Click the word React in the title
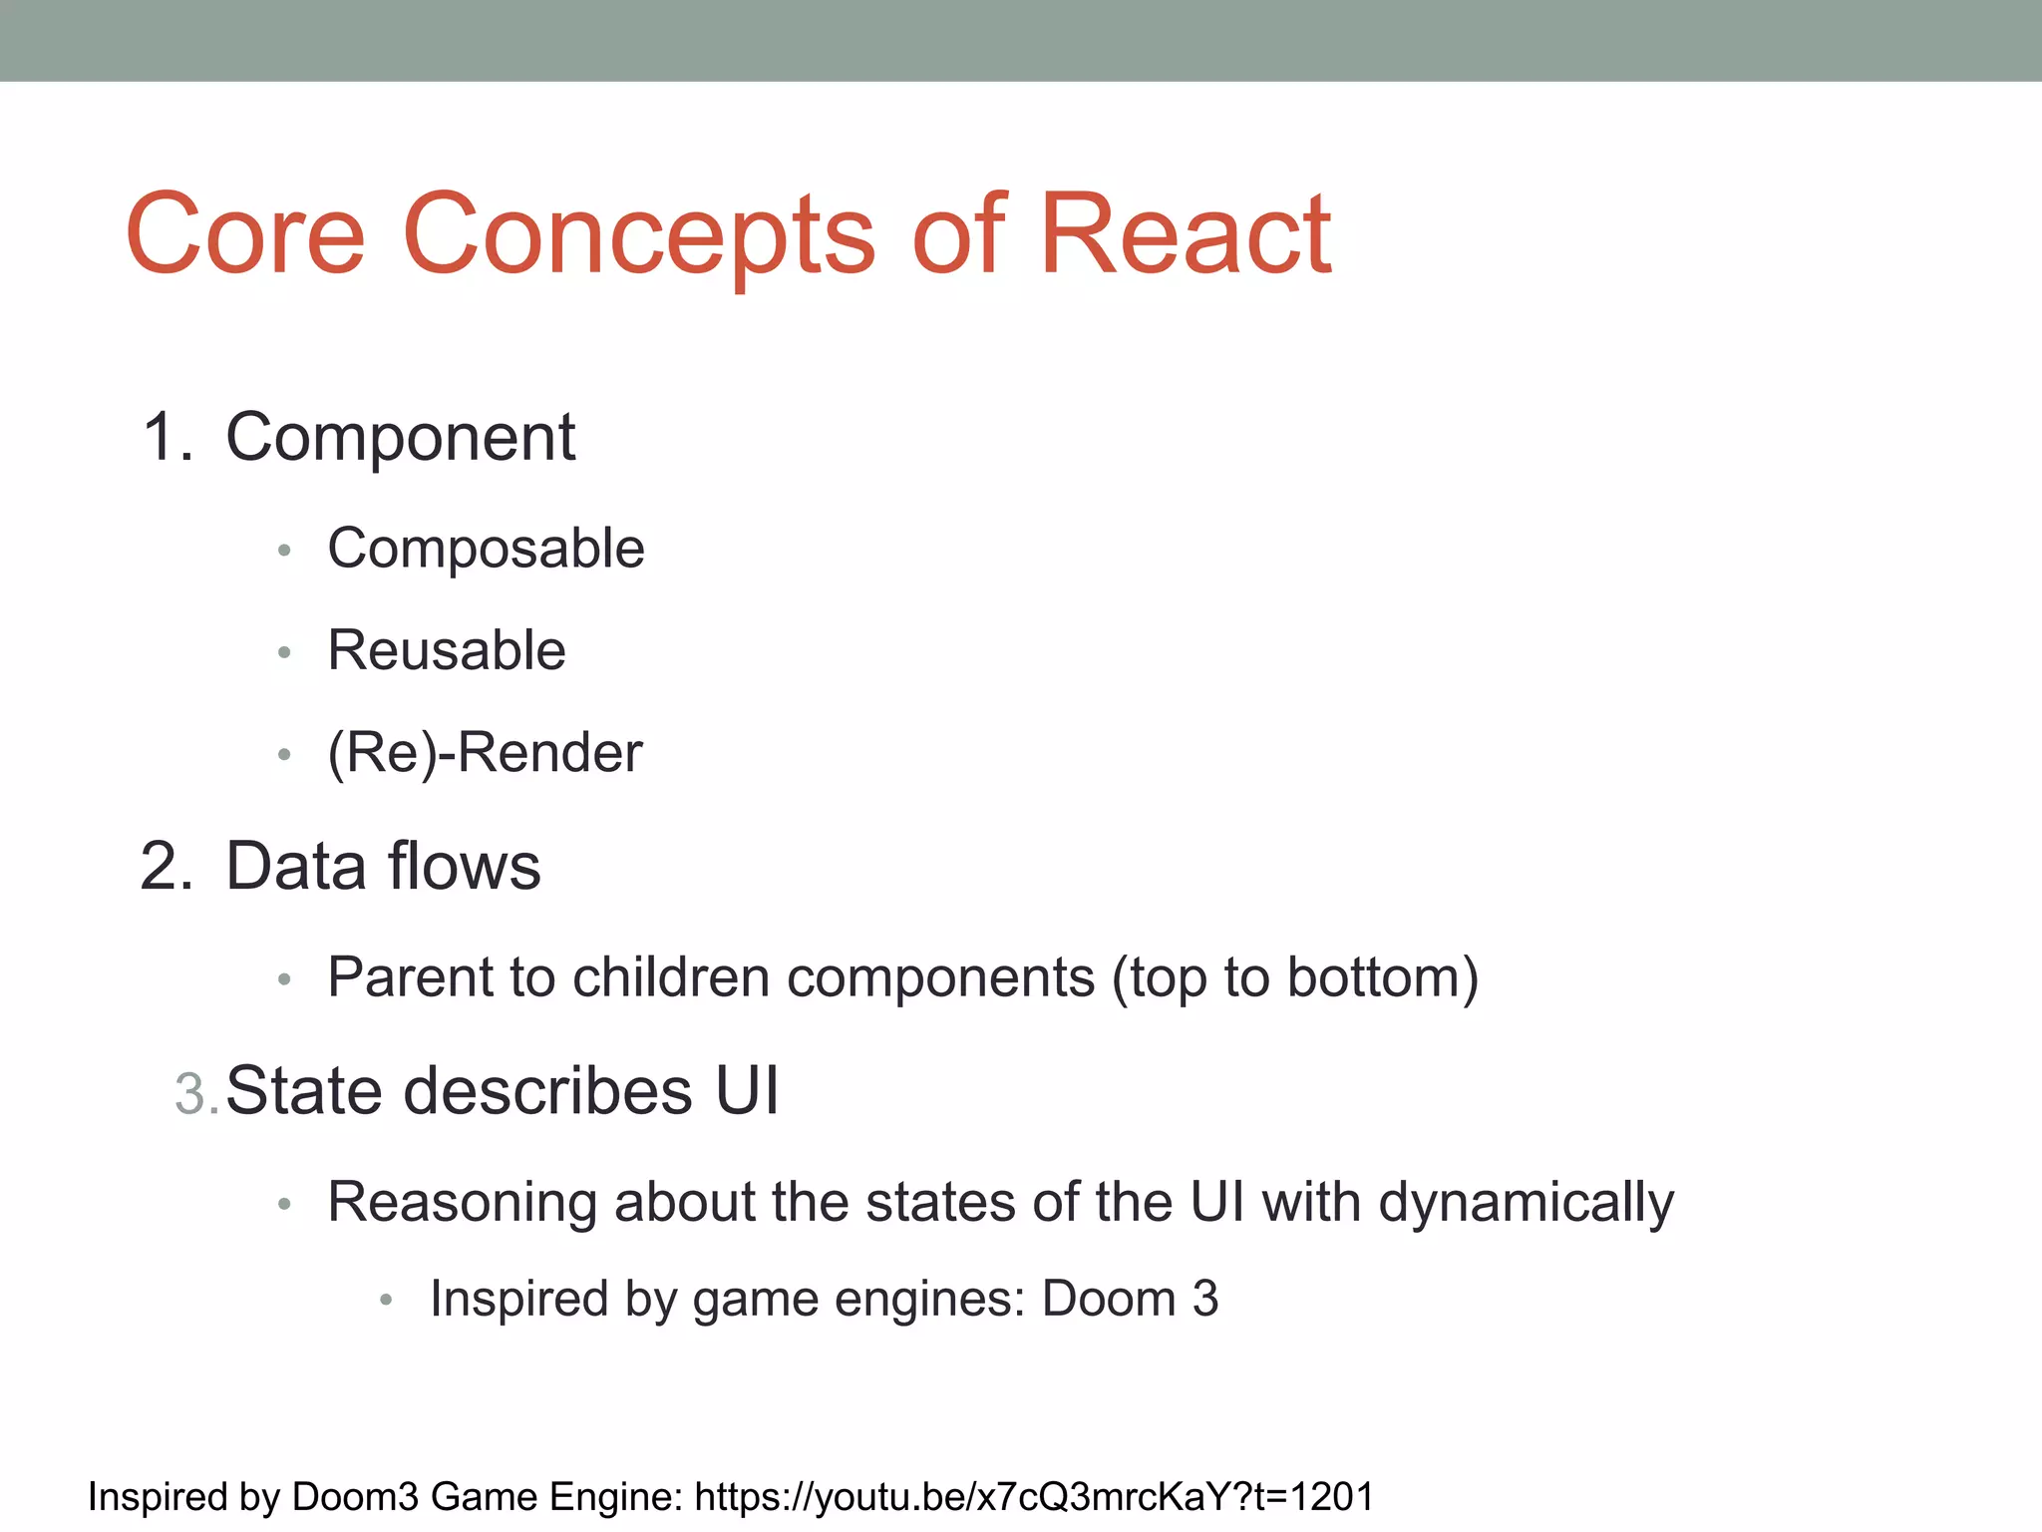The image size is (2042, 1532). click(x=1185, y=235)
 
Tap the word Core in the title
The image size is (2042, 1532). click(x=246, y=235)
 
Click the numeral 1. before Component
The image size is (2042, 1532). click(x=168, y=438)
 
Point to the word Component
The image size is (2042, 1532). click(x=400, y=438)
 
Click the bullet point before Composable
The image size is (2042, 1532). click(x=285, y=551)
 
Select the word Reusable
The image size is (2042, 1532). click(x=447, y=650)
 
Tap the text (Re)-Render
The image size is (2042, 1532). click(x=485, y=752)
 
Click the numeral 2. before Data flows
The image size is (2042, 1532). click(x=167, y=866)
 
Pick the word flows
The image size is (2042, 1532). click(x=464, y=866)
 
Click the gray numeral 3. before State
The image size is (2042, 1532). click(x=195, y=1094)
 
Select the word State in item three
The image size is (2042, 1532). click(x=304, y=1090)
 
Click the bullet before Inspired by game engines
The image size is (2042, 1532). click(x=387, y=1300)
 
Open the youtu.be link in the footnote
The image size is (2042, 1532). click(x=1034, y=1497)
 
